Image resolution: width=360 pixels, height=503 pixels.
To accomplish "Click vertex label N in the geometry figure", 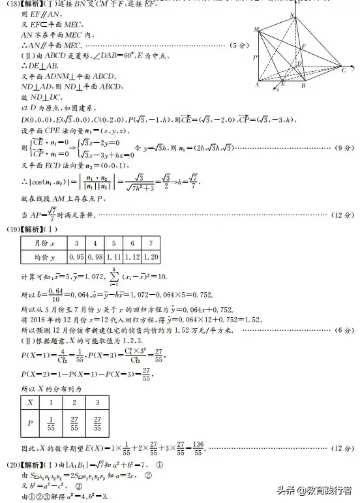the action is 293,15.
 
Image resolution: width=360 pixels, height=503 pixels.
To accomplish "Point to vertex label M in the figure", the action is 256,29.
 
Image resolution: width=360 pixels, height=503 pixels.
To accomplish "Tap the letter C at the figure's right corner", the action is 344,70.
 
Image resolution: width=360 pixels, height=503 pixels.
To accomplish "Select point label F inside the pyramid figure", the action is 304,46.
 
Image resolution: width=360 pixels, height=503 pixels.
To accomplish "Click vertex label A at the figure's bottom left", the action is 256,85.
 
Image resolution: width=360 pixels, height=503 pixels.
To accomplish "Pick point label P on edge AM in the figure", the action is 254,57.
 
